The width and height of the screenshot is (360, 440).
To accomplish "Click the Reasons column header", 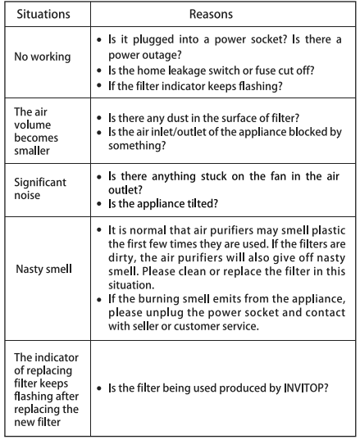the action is [211, 15].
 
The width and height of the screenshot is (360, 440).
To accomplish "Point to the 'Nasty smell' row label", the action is [43, 266].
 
